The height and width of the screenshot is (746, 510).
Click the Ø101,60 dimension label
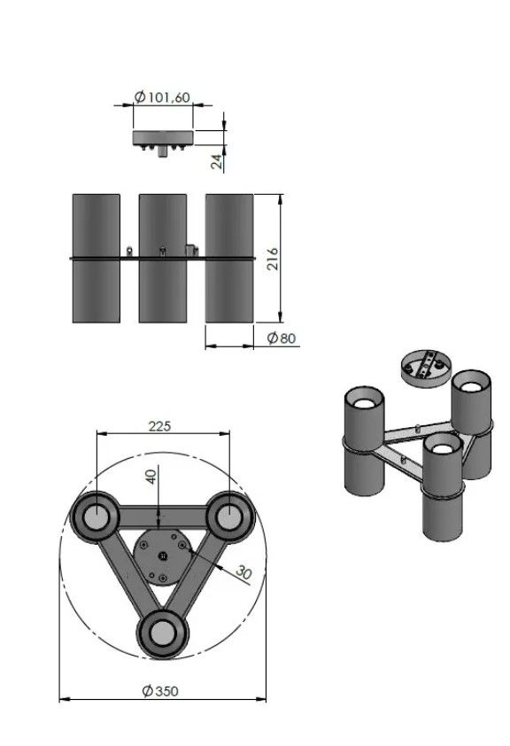tap(162, 97)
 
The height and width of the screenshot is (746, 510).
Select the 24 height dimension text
tap(217, 161)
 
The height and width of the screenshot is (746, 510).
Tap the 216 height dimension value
tap(273, 259)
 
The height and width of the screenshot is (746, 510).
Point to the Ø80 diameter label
tap(282, 338)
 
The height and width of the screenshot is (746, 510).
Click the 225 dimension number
tap(159, 426)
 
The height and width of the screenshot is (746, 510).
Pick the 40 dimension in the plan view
tap(151, 477)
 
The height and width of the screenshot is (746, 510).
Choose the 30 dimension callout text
tap(243, 571)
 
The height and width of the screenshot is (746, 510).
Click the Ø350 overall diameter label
tap(160, 691)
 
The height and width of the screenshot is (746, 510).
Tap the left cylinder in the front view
tap(96, 259)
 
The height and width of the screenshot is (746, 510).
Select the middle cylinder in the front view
tap(163, 259)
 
